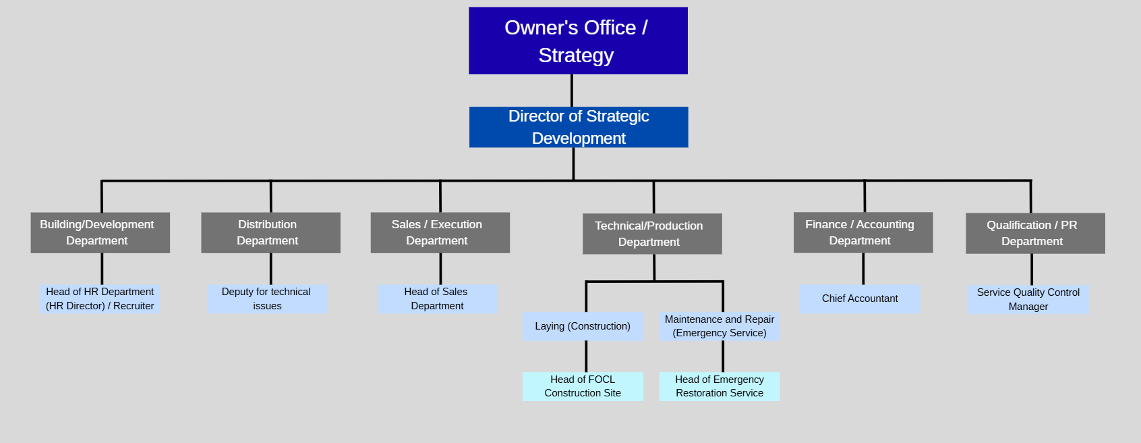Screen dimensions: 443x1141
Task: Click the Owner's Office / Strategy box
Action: (578, 41)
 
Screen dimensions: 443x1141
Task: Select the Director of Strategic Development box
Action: (579, 127)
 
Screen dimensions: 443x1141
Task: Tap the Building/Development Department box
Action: (100, 233)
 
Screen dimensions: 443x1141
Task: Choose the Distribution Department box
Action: (270, 233)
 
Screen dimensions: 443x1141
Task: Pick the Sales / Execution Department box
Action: (440, 233)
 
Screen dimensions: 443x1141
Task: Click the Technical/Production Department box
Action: (652, 234)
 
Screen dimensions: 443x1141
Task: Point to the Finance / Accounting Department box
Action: (863, 233)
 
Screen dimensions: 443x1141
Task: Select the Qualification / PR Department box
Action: (1035, 234)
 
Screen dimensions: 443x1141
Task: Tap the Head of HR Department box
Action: (100, 298)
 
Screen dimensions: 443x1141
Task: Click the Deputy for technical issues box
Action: (267, 298)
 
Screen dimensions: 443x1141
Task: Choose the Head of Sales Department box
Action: (437, 298)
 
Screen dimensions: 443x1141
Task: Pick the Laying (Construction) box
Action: (583, 326)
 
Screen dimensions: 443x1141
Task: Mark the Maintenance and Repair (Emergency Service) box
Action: (720, 326)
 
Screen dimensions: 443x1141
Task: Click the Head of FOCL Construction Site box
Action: (583, 386)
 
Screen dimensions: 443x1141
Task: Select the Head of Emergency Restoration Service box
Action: (720, 386)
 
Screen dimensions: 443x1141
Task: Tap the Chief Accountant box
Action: (860, 298)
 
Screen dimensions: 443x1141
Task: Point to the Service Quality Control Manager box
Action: (1028, 299)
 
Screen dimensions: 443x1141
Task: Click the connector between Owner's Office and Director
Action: (572, 90)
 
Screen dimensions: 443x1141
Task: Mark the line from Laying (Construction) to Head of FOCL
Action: (586, 357)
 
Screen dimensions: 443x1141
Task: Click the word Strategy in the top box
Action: (576, 55)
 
